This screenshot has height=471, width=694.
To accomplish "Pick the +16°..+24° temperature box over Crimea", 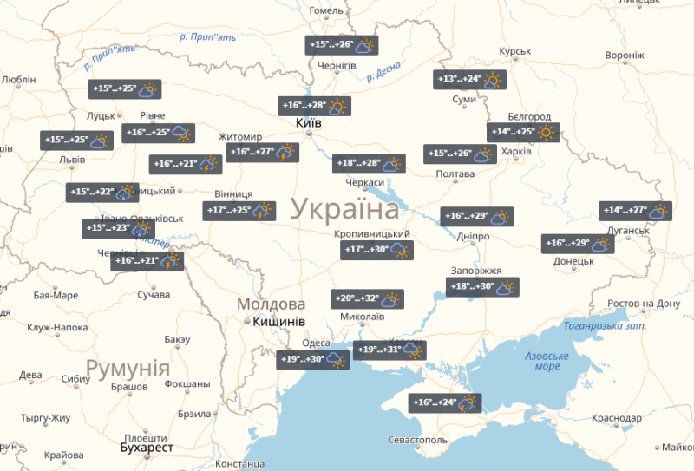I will (446, 403).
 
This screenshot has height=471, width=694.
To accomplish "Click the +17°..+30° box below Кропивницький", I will (376, 251).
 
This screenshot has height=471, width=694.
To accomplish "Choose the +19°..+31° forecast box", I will (390, 350).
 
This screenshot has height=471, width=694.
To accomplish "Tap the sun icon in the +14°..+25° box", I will (547, 133).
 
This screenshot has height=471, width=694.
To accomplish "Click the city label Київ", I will (309, 124).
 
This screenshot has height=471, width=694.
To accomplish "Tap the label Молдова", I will (272, 304).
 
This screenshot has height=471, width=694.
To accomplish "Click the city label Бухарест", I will (147, 448).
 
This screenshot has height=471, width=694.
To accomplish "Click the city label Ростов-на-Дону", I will (644, 304).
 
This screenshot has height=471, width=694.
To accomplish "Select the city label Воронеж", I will (625, 55).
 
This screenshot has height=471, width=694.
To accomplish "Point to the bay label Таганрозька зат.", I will (604, 326).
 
